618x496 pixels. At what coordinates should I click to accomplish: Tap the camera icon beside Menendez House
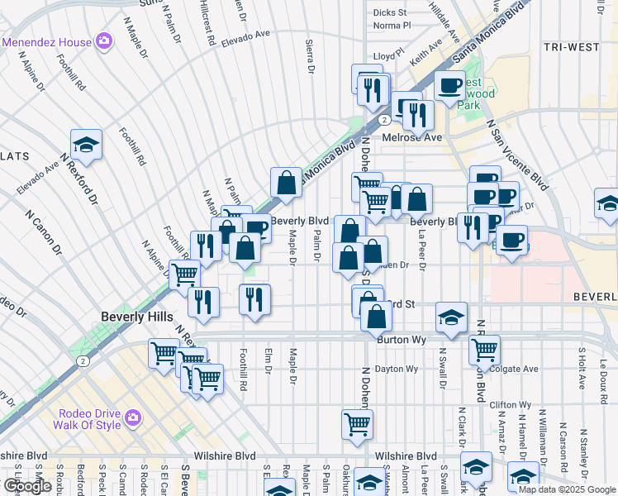point(103,41)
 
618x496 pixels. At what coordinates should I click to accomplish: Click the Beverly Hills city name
point(137,317)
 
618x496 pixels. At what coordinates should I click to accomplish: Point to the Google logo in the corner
point(27,486)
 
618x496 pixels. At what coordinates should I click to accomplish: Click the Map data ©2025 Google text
point(567,489)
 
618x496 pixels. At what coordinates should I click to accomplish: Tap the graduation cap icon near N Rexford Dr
point(86,145)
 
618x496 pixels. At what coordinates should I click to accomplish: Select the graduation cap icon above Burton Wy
point(451,317)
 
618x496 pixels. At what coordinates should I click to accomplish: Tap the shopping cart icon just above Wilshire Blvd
point(357,424)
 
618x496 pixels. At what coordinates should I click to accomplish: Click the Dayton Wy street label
point(397,369)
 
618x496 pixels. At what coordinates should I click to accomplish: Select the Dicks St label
point(389,12)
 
